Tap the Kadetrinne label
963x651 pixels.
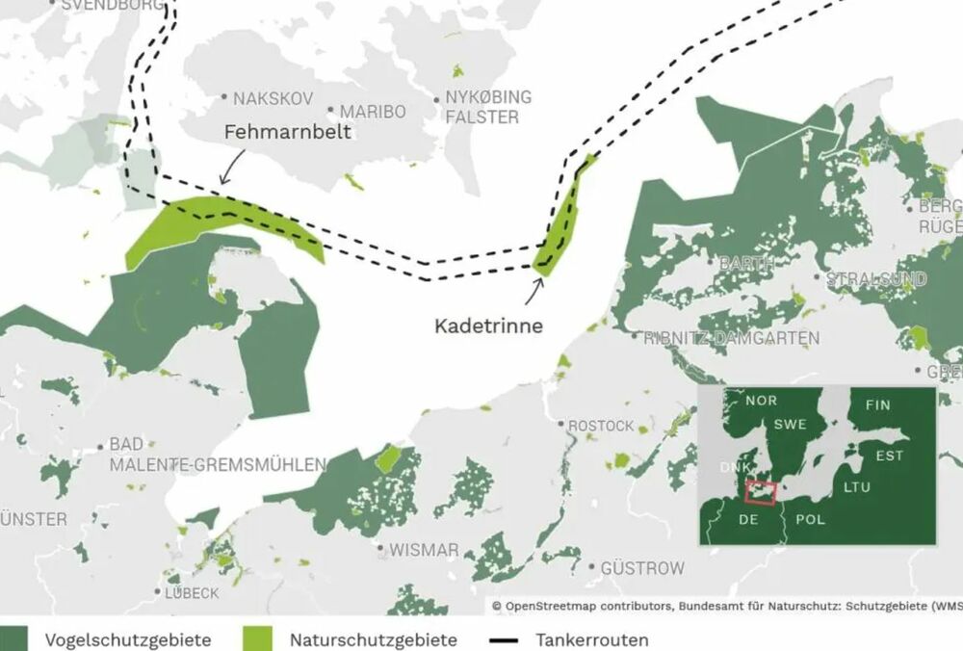pos(488,326)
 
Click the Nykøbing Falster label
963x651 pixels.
pos(487,108)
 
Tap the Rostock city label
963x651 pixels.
pos(601,425)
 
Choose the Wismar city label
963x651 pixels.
pos(424,550)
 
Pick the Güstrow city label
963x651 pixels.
pos(642,568)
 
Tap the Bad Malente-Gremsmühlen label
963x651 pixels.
pos(218,455)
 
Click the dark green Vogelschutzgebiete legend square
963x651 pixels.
pos(13,638)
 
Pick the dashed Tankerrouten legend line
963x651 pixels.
pos(507,639)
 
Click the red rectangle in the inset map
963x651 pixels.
pos(760,492)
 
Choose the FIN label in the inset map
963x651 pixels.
pos(878,404)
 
